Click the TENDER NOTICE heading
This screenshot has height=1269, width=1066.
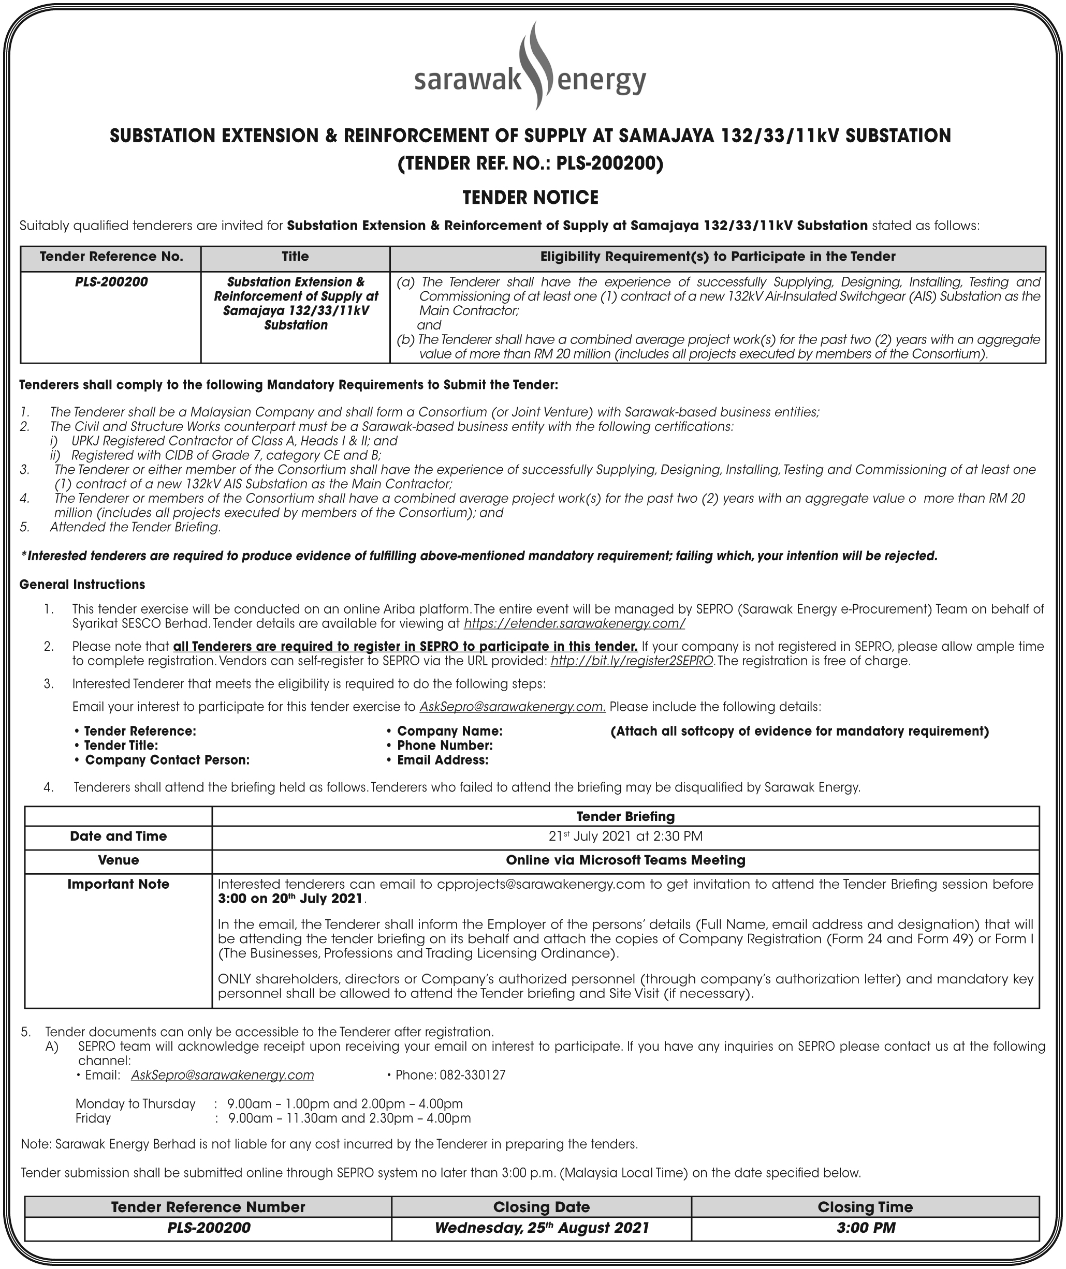coord(530,197)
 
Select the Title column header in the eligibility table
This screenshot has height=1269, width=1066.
coord(295,257)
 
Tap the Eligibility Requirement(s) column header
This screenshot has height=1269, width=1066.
coord(717,257)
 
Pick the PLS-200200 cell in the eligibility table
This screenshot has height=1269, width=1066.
coord(111,282)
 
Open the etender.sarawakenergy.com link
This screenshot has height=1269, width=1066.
coord(574,623)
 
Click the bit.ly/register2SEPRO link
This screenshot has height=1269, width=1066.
coord(632,661)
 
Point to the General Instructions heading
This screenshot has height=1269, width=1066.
coord(82,585)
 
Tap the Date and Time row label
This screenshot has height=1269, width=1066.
coord(118,837)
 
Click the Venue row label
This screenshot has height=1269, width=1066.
coord(118,860)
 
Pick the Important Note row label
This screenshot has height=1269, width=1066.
coord(118,885)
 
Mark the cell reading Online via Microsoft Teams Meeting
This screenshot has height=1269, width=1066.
coord(625,860)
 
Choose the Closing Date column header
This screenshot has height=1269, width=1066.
coord(541,1207)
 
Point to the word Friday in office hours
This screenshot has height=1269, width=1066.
coord(93,1118)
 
